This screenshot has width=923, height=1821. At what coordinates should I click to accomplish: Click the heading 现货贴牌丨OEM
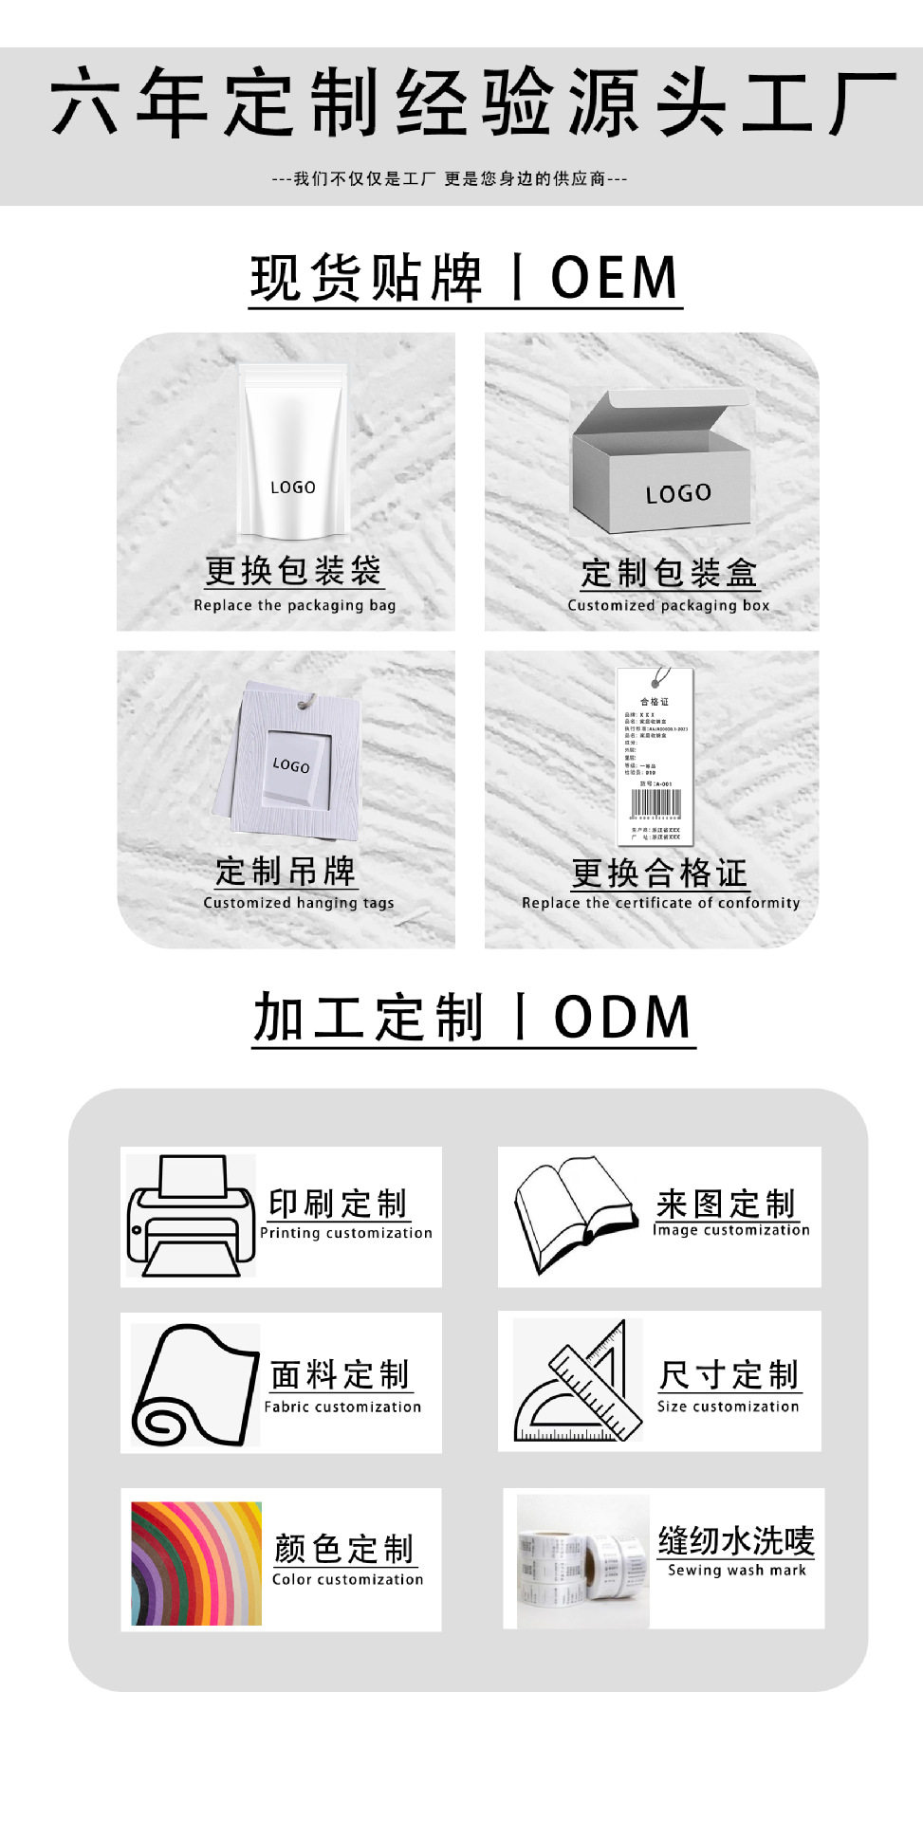[465, 278]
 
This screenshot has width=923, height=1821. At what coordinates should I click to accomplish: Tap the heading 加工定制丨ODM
[472, 1018]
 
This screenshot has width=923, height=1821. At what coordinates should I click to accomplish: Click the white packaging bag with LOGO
[293, 455]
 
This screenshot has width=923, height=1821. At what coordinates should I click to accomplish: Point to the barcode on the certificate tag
[656, 804]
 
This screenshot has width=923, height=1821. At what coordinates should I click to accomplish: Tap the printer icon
[191, 1216]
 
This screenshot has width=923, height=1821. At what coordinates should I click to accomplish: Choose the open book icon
[573, 1213]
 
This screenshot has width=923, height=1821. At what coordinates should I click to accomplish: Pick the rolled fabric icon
[194, 1384]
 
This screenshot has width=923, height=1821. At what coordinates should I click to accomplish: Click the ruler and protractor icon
[575, 1382]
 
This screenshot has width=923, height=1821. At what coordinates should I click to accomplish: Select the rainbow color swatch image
[195, 1563]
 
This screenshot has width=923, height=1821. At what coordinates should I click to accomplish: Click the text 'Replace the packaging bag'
[294, 605]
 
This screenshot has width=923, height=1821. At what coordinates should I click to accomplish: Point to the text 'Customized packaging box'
[668, 605]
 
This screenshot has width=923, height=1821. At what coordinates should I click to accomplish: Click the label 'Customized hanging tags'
[298, 903]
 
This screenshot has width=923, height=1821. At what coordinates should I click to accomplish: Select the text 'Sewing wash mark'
[736, 1570]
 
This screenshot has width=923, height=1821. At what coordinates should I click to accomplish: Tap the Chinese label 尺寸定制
[729, 1374]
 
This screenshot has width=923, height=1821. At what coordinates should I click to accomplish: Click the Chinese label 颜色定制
[344, 1548]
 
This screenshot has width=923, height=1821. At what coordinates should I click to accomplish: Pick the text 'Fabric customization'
[342, 1407]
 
